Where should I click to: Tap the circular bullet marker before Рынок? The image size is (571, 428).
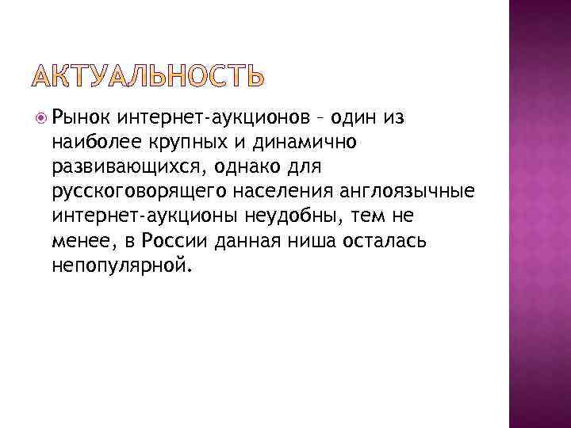42,118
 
